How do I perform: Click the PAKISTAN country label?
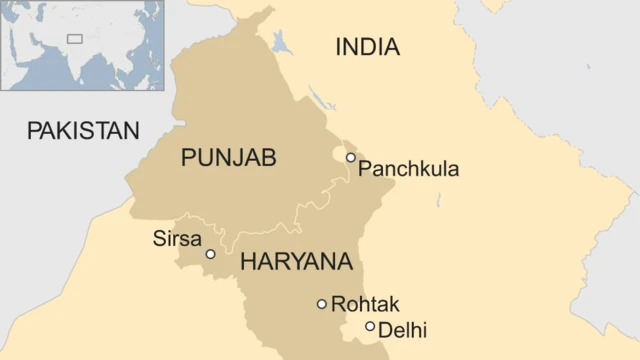tap(82, 130)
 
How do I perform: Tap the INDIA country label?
tap(367, 47)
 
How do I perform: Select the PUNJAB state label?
tap(229, 158)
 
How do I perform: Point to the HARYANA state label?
tap(296, 263)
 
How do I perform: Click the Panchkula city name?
tap(408, 169)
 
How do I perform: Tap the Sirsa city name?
tap(177, 239)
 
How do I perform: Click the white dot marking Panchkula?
tap(350, 157)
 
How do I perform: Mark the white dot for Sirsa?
tap(210, 254)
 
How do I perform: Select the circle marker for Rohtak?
tap(321, 304)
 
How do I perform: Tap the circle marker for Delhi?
tap(370, 326)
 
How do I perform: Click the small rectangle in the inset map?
tap(74, 39)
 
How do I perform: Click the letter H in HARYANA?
tap(248, 263)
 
